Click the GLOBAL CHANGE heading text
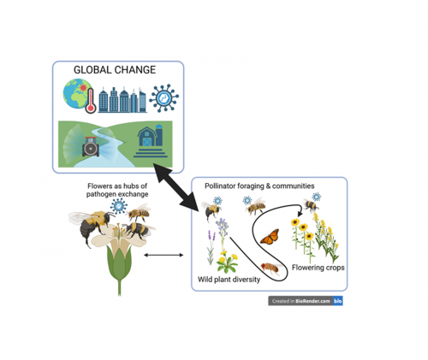[x=115, y=70]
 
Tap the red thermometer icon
[x=91, y=101]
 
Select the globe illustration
[x=77, y=93]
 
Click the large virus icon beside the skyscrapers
[x=163, y=98]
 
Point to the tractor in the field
[x=91, y=146]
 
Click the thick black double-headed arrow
[x=176, y=187]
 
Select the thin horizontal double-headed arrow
[x=163, y=255]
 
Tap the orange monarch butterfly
[x=270, y=237]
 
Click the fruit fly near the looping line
[x=271, y=268]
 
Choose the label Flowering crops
[x=318, y=268]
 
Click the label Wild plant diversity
[x=229, y=280]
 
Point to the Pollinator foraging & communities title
[x=259, y=186]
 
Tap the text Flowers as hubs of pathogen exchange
[x=117, y=190]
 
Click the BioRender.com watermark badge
[x=306, y=301]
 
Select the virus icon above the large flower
[x=119, y=206]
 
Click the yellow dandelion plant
[x=227, y=262]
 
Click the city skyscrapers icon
[x=122, y=100]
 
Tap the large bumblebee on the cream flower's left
[x=91, y=226]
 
